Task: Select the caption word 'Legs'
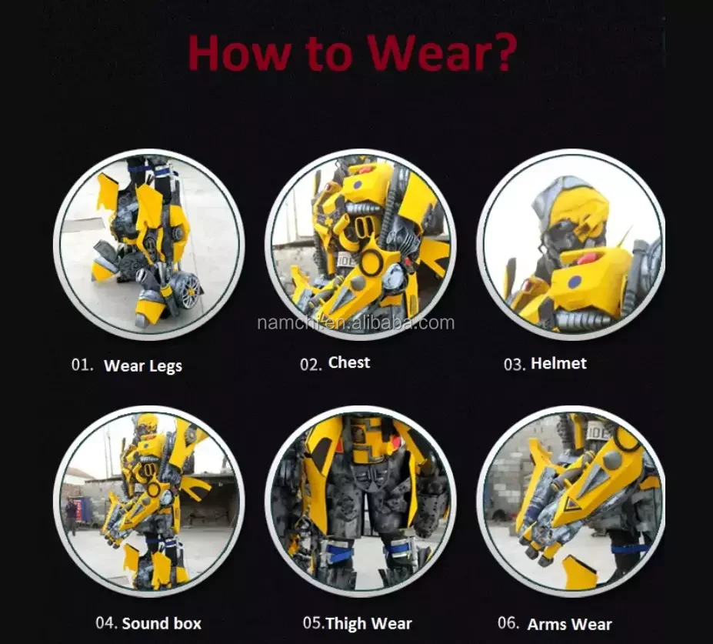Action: tap(165, 366)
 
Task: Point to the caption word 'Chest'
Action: tap(349, 362)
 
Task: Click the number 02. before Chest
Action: tap(311, 364)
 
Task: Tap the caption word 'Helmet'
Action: tap(559, 363)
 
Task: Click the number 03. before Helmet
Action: tap(515, 364)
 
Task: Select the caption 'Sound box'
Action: tap(162, 623)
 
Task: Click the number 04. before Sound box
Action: tap(107, 622)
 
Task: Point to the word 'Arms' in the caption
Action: tap(548, 625)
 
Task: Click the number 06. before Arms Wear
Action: tap(508, 622)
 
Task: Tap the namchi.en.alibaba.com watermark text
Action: tap(355, 323)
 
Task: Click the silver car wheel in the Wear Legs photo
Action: tap(192, 290)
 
